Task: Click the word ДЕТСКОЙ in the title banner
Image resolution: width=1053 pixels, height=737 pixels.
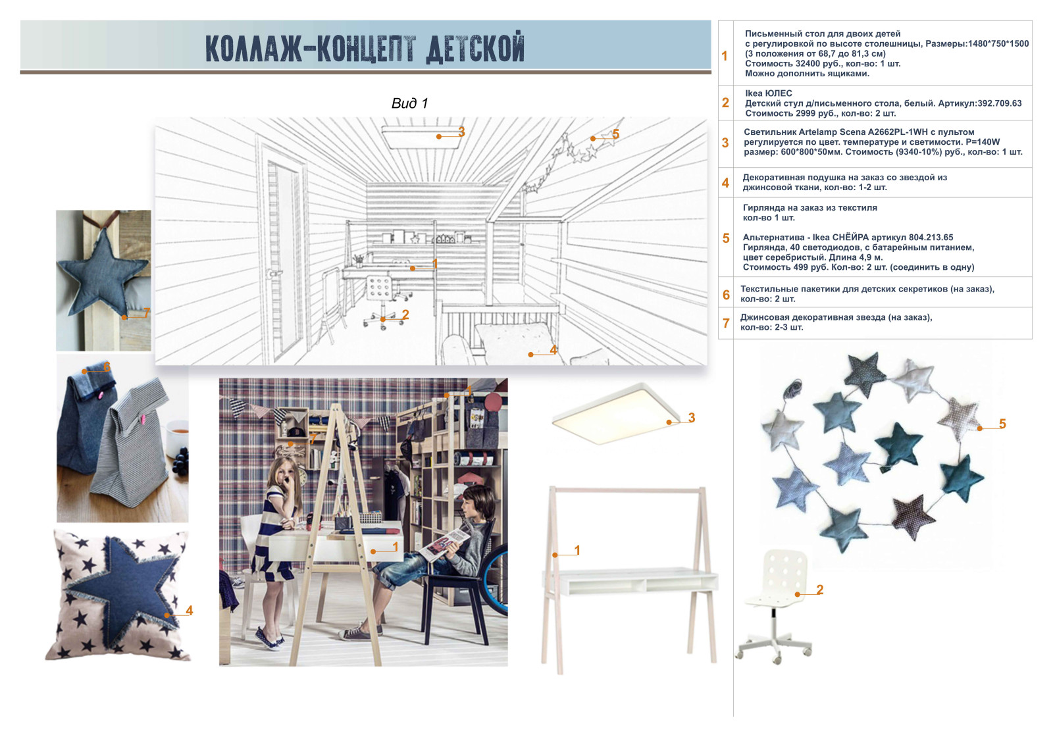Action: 475,47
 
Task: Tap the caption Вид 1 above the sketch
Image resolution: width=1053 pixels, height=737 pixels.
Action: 409,103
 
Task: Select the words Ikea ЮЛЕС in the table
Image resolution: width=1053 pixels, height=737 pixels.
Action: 768,93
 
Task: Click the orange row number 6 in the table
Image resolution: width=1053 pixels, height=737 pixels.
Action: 726,295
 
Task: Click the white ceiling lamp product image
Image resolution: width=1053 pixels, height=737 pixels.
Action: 616,414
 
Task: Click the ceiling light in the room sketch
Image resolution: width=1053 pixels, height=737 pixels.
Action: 422,137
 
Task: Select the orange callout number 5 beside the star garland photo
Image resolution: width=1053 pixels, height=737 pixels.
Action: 1002,424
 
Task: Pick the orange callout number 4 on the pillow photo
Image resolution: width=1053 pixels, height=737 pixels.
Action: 190,610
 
